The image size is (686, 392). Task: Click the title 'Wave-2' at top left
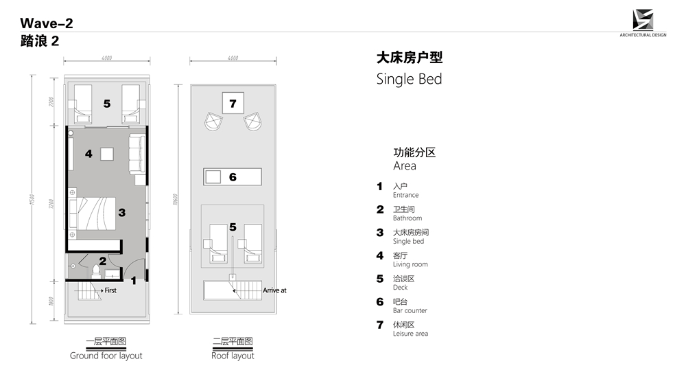coord(47,23)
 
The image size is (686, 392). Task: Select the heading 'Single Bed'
coord(409,79)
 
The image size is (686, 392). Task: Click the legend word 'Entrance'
coord(405,195)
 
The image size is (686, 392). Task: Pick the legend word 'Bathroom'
coord(407,218)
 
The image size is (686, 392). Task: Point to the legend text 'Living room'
coord(410,264)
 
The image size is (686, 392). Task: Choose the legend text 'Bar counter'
coord(410,310)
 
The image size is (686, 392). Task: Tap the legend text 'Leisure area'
coord(410,334)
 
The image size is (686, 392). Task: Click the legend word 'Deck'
coord(400,288)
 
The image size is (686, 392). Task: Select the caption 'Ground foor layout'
coord(106,356)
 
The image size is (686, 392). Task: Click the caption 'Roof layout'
coord(233,356)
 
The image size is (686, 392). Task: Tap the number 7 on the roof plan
coord(233,104)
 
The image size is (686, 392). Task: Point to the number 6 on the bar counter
coord(233,177)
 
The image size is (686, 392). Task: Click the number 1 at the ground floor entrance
coord(134,279)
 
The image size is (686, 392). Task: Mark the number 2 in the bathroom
coord(102,261)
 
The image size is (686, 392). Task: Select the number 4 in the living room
coord(88,154)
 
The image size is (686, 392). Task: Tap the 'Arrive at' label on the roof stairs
coord(274,290)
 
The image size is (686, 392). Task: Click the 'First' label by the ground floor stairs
coord(110,290)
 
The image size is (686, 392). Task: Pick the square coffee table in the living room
coord(108,154)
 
